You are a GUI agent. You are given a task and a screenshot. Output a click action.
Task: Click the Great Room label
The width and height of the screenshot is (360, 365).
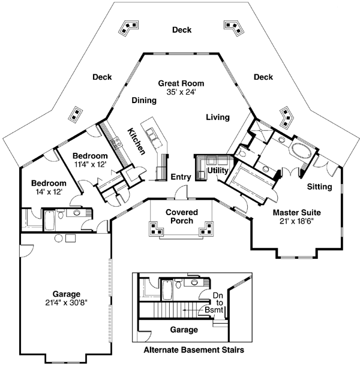181,83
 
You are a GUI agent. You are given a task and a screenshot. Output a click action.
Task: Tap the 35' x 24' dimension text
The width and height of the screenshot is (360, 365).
181,93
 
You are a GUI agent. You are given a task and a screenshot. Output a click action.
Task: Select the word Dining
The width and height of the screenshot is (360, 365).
144,101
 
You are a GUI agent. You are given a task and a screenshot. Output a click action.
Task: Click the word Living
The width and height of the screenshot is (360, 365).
218,117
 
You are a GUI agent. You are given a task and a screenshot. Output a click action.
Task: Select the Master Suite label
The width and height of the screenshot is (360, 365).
296,212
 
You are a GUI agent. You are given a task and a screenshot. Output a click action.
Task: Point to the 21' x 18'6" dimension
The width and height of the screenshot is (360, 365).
296,222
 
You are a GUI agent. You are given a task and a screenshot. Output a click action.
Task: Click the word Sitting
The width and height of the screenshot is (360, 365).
319,187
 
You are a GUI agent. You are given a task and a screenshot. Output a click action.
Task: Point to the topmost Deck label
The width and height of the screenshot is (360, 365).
181,30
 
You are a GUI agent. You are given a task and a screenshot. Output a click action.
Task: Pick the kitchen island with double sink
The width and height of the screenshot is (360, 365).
155,136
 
